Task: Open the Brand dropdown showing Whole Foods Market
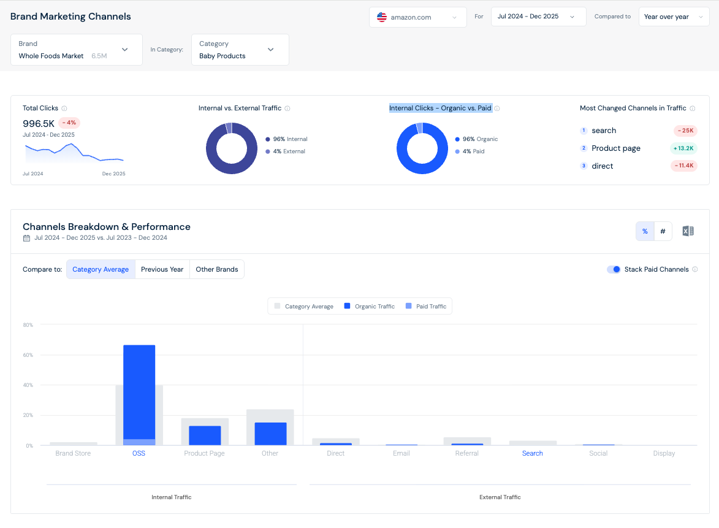click(76, 50)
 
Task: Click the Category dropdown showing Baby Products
click(240, 50)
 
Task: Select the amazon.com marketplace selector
click(418, 17)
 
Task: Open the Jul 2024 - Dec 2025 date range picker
click(538, 17)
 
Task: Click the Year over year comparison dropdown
click(674, 17)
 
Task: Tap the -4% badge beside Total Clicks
click(69, 123)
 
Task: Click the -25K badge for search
click(685, 131)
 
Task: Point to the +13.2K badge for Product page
click(683, 148)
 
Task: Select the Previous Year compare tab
click(162, 269)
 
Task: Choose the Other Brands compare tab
click(217, 269)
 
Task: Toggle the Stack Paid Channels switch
click(614, 269)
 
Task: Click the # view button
click(663, 231)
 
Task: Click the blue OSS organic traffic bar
click(139, 392)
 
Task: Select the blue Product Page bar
click(205, 435)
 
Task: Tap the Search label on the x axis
click(533, 453)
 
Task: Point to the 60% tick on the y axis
click(28, 355)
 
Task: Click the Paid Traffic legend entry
click(426, 307)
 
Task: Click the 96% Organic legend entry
click(476, 139)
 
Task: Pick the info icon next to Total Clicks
click(64, 109)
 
